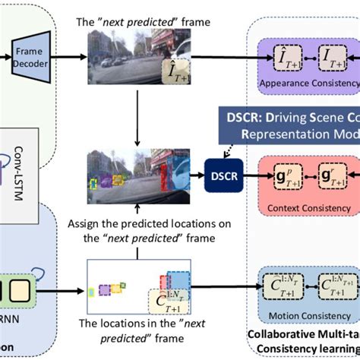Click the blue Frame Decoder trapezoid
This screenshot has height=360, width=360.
coord(21,57)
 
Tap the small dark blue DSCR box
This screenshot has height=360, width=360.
coord(220,174)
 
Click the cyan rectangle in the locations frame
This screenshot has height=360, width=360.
coord(92,291)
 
